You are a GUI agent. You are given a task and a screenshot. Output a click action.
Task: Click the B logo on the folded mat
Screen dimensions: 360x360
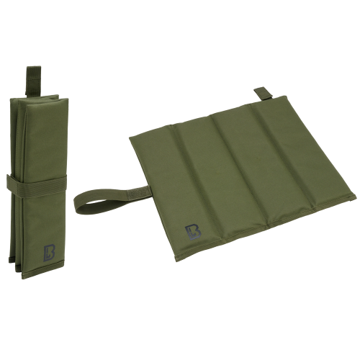click(x=49, y=253)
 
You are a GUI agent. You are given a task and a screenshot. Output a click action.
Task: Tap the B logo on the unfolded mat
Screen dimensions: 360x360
click(x=193, y=232)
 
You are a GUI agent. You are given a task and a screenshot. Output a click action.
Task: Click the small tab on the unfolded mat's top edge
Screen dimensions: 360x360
click(x=264, y=94)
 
